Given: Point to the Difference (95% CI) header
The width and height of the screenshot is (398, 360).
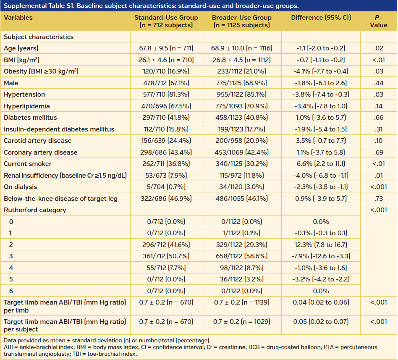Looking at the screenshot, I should tap(321, 18).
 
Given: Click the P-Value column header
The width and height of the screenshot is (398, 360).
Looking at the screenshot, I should tap(379, 21).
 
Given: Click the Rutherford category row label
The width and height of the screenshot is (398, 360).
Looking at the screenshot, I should tap(35, 210).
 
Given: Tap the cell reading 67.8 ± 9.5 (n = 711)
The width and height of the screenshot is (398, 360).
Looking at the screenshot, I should tap(166, 48).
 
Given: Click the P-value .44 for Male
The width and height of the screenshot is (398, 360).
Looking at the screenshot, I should tap(379, 83).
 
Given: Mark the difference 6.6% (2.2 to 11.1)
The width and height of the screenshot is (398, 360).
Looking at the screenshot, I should tap(321, 164).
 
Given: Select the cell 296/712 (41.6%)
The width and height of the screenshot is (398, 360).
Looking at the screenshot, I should tap(166, 244).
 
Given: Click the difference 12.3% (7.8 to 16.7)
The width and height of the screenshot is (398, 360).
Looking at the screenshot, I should tap(321, 244).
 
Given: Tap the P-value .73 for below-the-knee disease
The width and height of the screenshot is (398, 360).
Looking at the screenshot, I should tap(379, 198).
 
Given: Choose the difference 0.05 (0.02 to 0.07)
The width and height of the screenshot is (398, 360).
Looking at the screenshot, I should tap(321, 322).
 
